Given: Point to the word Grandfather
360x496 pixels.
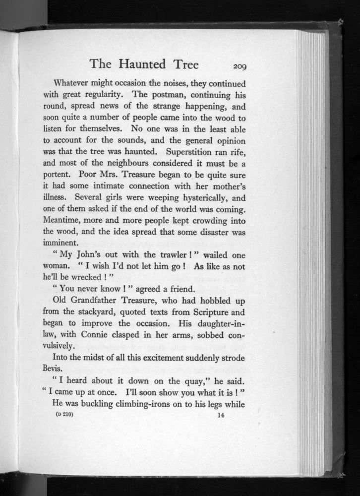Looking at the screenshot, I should (101, 302).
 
